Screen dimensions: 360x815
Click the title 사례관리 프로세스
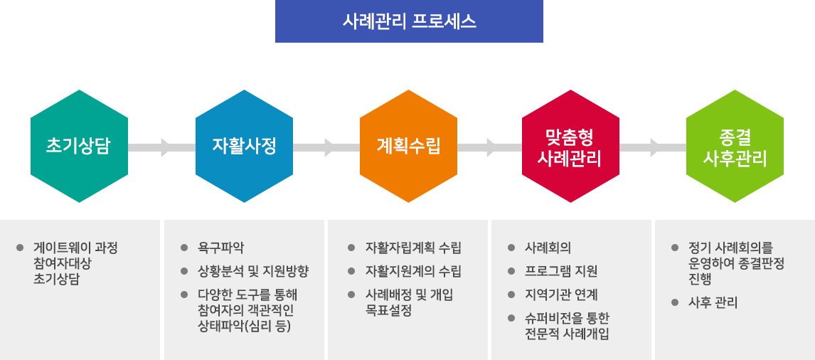tap(409, 21)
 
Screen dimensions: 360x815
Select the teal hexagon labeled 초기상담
tap(80, 146)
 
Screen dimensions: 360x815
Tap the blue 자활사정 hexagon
tap(244, 146)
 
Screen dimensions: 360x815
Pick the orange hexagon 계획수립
tap(408, 146)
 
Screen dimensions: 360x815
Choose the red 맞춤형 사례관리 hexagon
tap(570, 146)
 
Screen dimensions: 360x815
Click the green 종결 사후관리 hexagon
tap(735, 146)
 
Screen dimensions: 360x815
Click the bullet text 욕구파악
tap(221, 248)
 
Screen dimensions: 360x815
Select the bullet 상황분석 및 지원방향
tap(253, 271)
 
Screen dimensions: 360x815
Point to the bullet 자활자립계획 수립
tap(413, 248)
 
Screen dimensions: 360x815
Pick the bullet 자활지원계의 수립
tap(413, 271)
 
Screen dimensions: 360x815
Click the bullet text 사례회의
tap(548, 248)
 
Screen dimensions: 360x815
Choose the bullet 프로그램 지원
tap(561, 271)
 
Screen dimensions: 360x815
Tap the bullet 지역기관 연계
tap(561, 295)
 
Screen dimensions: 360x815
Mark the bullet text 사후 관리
tap(713, 302)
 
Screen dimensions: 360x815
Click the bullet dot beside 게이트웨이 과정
tap(20, 248)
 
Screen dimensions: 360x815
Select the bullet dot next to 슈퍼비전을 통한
tap(511, 317)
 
